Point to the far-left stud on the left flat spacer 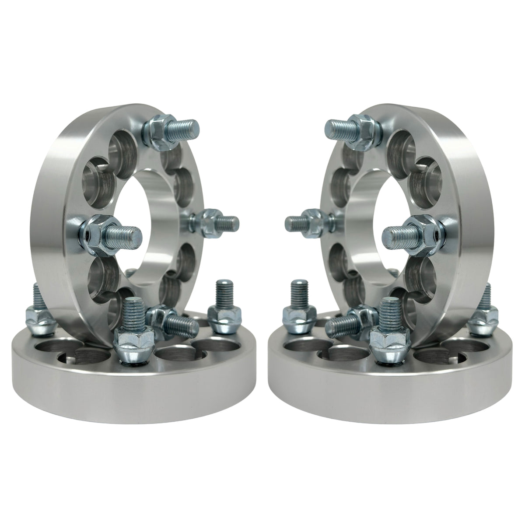click(36, 306)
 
